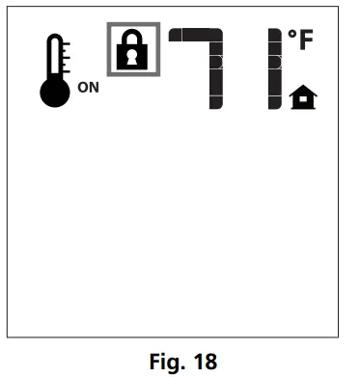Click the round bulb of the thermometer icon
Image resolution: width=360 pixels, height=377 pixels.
click(x=55, y=94)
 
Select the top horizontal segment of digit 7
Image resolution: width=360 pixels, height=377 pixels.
click(x=193, y=36)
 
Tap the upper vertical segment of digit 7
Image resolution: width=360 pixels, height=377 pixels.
click(x=216, y=52)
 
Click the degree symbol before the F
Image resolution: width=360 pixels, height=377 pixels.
click(x=292, y=35)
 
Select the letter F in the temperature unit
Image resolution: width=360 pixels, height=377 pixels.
click(x=307, y=41)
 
